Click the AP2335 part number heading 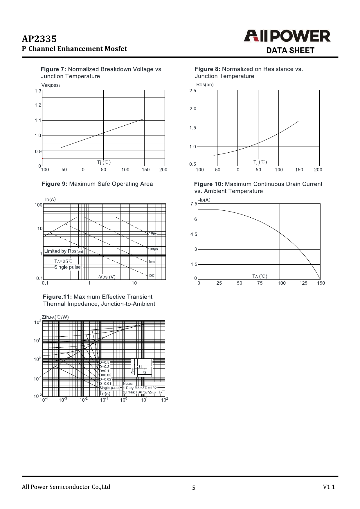click(39, 39)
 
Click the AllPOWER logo click(287, 36)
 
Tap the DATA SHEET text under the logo click(290, 50)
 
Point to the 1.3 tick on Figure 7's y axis click(38, 91)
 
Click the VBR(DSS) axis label click(51, 85)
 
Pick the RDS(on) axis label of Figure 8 click(205, 85)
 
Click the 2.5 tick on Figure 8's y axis click(193, 91)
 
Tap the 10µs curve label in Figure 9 click(153, 233)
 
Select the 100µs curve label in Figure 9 click(153, 249)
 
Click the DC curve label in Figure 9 click(152, 275)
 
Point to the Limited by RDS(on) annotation click(64, 251)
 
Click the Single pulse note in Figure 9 click(67, 267)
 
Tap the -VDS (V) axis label click(107, 277)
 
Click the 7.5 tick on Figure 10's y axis click(194, 204)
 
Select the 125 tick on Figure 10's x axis click(303, 283)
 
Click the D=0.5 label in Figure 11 click(105, 362)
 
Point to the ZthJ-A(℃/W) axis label click(55, 317)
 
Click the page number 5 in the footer click(194, 488)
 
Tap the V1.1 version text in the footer click(329, 487)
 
